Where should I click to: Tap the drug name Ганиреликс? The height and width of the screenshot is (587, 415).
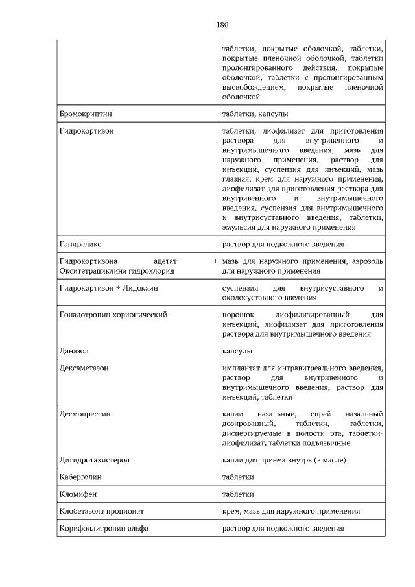pyautogui.click(x=80, y=244)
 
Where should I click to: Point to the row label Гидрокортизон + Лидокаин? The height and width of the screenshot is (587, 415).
pyautogui.click(x=108, y=287)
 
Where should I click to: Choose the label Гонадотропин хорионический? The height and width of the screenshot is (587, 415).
pyautogui.click(x=113, y=314)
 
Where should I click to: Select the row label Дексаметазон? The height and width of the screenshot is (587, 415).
pyautogui.click(x=84, y=368)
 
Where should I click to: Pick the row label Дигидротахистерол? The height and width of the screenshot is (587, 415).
pyautogui.click(x=94, y=460)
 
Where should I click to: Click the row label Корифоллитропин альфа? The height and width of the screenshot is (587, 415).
pyautogui.click(x=104, y=528)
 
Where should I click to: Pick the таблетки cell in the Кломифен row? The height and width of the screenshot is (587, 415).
pyautogui.click(x=237, y=494)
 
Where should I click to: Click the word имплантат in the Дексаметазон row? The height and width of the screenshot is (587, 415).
pyautogui.click(x=242, y=368)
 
